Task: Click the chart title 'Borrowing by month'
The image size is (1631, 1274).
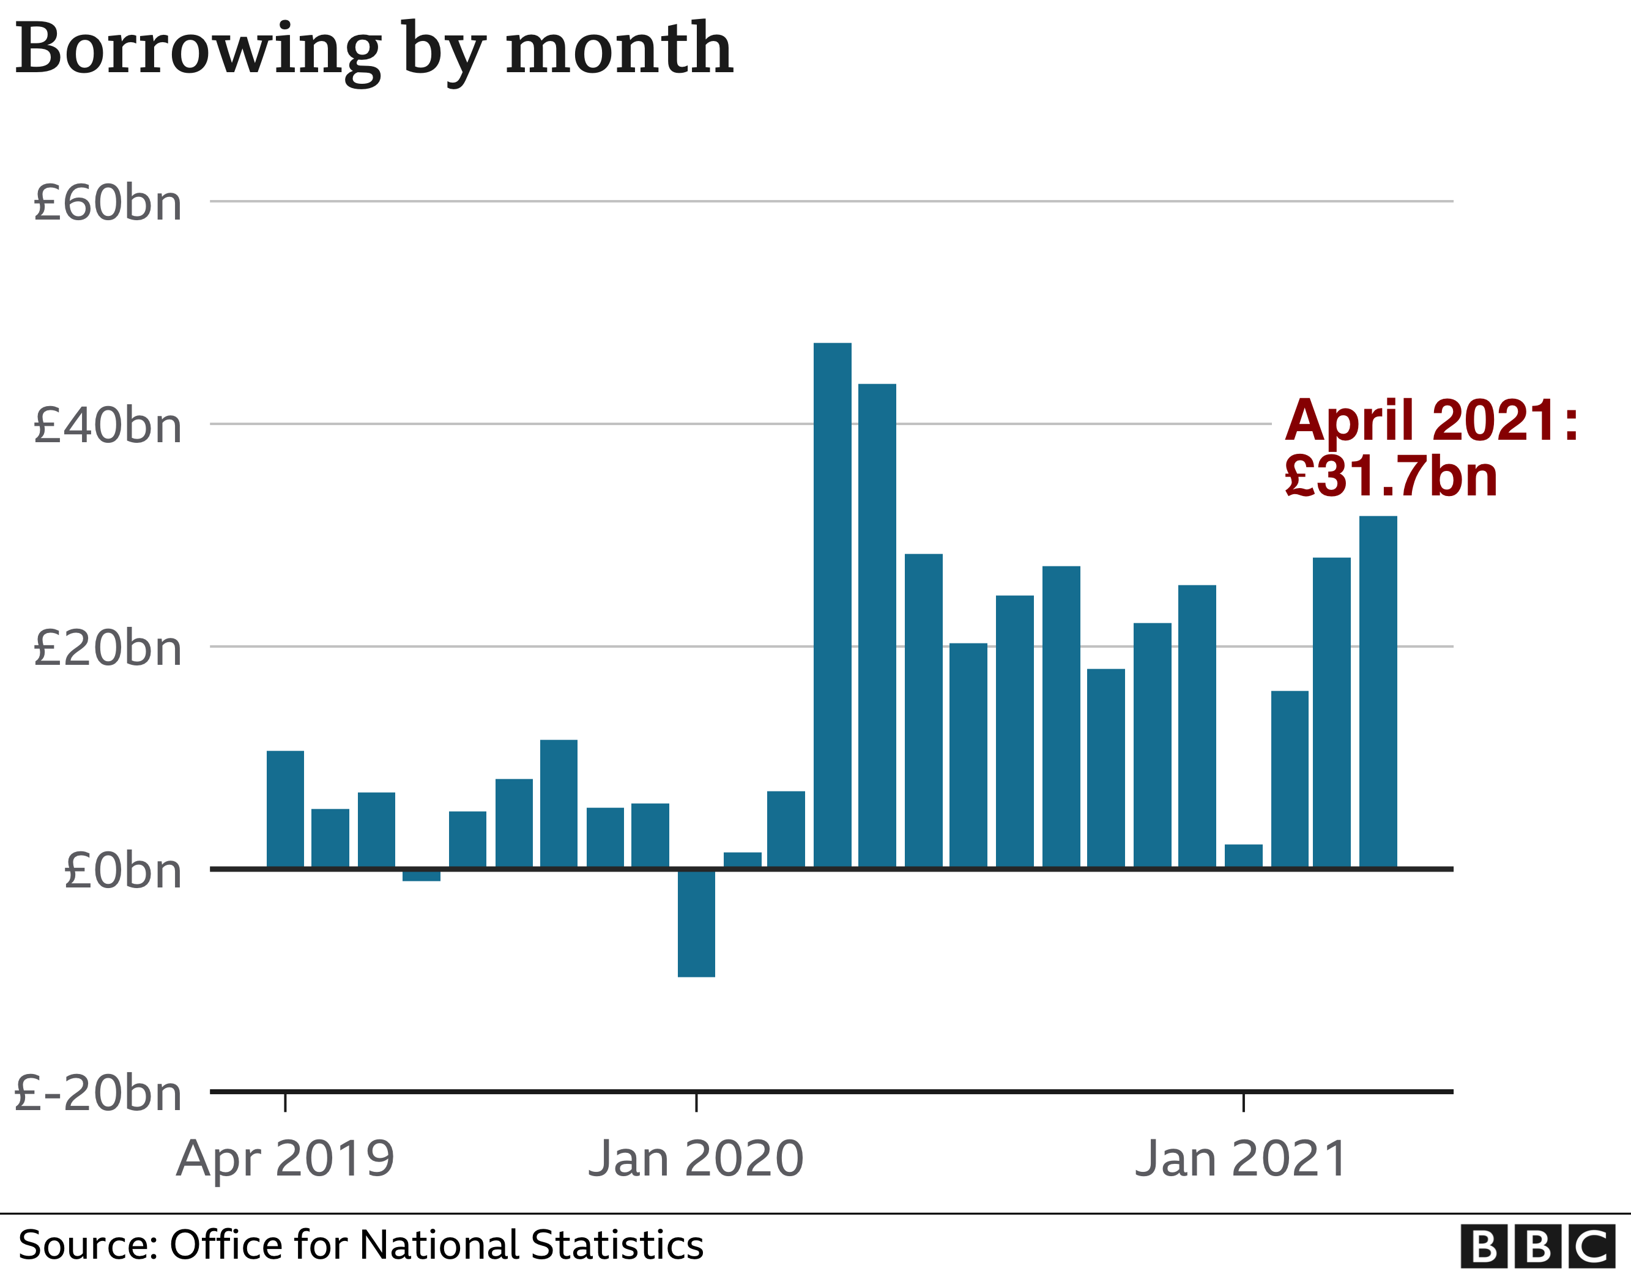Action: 373,50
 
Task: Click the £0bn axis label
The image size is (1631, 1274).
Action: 123,871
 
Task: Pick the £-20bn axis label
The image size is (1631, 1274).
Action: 98,1094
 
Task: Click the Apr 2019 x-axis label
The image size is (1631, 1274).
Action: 285,1160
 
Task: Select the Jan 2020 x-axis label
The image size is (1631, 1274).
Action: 696,1160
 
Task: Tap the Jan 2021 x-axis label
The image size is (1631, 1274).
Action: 1241,1160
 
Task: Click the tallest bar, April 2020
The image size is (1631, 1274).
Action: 832,605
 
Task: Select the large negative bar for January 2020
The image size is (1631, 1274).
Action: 696,923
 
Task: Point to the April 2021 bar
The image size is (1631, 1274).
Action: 1378,692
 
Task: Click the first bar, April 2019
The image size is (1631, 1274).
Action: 285,810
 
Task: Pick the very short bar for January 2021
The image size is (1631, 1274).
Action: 1243,856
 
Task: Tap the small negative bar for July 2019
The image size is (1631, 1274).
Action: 421,875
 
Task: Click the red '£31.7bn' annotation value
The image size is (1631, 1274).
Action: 1391,476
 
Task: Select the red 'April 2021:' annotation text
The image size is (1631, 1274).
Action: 1431,420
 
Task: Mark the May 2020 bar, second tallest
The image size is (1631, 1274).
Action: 877,626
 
